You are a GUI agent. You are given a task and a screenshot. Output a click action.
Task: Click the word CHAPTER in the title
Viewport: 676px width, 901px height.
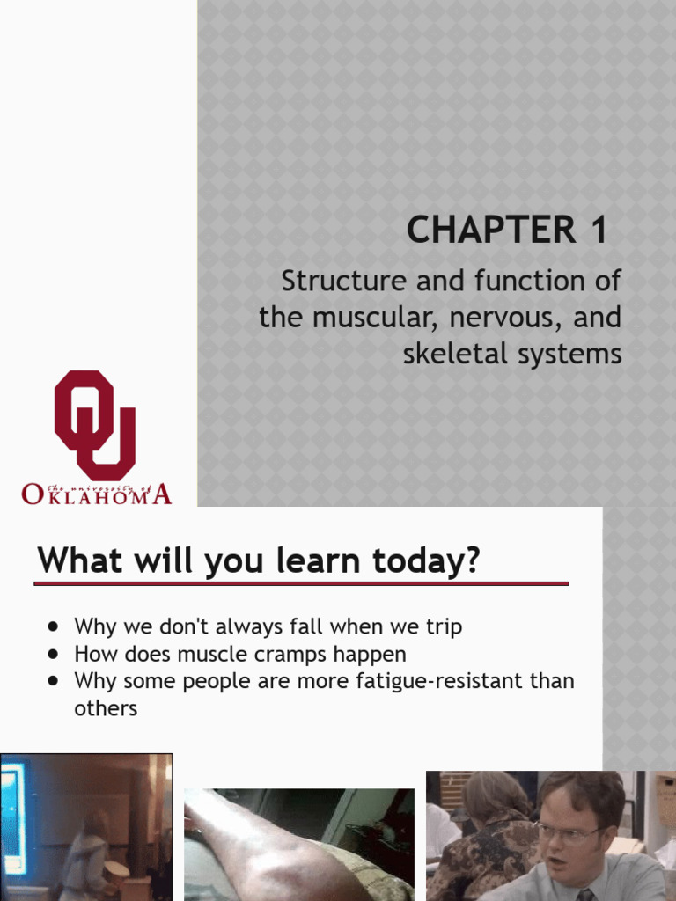477,231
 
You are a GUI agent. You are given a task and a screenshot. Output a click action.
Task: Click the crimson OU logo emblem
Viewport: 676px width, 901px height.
95,424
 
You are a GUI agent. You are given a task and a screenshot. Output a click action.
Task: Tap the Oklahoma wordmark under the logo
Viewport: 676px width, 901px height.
96,494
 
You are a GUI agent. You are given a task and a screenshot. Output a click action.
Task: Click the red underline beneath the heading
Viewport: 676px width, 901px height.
301,583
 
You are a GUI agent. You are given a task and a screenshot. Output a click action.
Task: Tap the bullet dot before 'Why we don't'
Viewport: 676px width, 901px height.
55,627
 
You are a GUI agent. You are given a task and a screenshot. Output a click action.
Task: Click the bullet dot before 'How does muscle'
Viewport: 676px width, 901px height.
55,655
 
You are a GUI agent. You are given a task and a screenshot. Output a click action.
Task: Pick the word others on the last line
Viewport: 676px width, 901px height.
106,708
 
